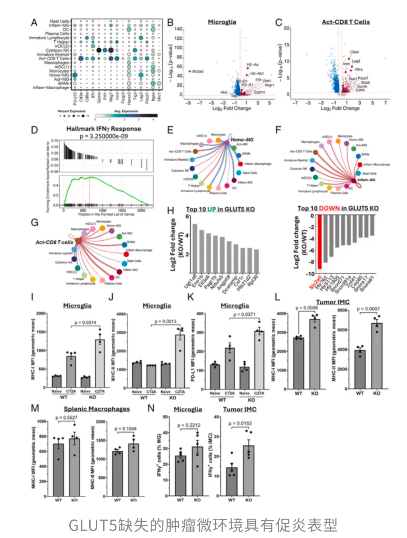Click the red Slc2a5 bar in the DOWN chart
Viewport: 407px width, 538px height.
(320, 242)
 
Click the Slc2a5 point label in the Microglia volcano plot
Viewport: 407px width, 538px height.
(198, 71)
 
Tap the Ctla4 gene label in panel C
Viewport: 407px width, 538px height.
(354, 52)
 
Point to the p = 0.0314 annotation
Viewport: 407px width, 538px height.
(85, 323)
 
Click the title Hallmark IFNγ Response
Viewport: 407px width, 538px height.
(104, 129)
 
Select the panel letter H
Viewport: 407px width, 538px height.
(170, 211)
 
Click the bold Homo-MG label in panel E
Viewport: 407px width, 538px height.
(242, 140)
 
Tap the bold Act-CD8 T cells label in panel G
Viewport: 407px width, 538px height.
(54, 242)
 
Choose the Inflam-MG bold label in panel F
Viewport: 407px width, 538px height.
(366, 180)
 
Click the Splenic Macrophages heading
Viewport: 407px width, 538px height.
(96, 409)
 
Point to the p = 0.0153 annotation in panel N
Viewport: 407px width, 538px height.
(240, 423)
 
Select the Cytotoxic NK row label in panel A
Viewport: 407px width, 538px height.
(57, 50)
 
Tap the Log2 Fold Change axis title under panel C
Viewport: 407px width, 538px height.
(340, 108)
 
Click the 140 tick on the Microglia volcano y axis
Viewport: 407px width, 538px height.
(178, 29)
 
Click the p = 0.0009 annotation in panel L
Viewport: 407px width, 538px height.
(306, 308)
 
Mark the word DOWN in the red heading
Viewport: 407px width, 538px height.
(329, 208)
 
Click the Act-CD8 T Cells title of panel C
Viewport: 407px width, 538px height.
(346, 22)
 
